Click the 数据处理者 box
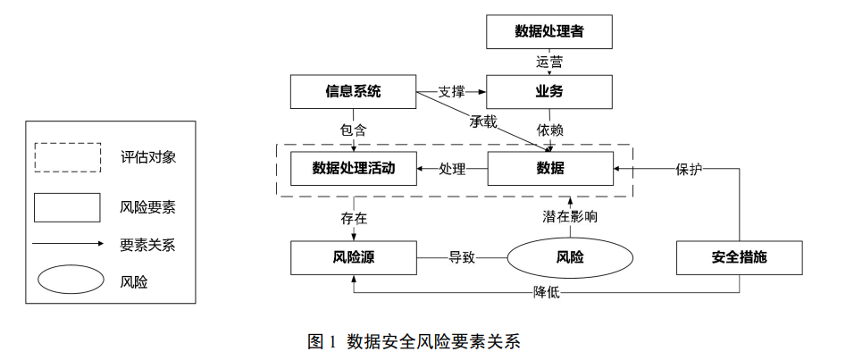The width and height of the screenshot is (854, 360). (549, 31)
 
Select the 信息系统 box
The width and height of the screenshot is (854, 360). (353, 91)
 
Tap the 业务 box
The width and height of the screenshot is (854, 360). (549, 91)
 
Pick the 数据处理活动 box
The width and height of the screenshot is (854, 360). (354, 168)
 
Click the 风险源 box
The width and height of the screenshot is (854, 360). (354, 257)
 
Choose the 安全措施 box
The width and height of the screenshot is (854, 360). (739, 257)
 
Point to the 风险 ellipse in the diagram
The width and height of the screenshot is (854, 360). (570, 257)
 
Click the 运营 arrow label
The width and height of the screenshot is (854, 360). (549, 63)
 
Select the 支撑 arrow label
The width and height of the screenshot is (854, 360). (451, 92)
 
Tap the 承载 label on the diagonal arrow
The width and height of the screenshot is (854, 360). (483, 122)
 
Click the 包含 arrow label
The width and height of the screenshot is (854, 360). (354, 130)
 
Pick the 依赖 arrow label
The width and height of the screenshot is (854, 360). (549, 130)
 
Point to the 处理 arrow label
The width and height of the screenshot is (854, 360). (452, 169)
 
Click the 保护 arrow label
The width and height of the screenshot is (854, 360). (690, 169)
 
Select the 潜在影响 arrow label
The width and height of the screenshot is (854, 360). (570, 217)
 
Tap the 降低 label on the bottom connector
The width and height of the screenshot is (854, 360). (547, 293)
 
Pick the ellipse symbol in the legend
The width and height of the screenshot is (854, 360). (71, 280)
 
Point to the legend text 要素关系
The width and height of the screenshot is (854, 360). (147, 245)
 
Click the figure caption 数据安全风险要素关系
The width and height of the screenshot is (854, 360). (434, 341)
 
